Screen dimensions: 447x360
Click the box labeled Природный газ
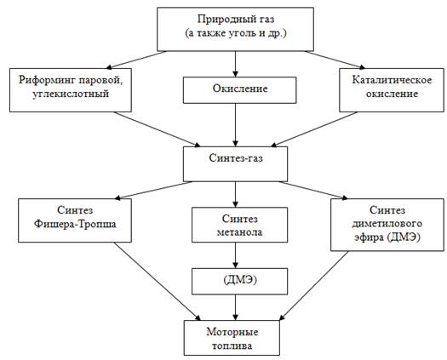click(236, 29)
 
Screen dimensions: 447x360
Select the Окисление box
click(240, 90)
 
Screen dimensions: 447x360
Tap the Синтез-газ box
click(236, 164)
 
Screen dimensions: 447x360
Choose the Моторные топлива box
click(232, 338)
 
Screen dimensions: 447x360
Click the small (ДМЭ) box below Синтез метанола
click(240, 282)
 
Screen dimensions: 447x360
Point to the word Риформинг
click(47, 80)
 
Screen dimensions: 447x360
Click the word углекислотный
click(71, 94)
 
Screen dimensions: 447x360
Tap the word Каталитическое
click(392, 80)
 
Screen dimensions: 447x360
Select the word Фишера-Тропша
click(75, 224)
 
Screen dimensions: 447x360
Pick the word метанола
click(240, 232)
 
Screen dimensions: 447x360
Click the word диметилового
click(387, 224)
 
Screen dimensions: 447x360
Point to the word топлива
click(232, 346)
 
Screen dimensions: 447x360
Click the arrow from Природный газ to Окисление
click(235, 64)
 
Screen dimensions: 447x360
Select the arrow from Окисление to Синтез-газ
click(235, 125)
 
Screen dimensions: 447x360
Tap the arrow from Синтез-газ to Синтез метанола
click(235, 194)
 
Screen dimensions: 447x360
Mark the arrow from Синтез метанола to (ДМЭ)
click(235, 255)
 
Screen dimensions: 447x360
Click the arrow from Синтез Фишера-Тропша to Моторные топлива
click(158, 282)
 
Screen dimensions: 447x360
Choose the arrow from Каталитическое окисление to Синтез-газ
click(314, 129)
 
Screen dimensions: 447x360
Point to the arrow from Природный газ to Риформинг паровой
click(136, 60)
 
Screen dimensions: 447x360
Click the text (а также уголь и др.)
click(236, 33)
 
